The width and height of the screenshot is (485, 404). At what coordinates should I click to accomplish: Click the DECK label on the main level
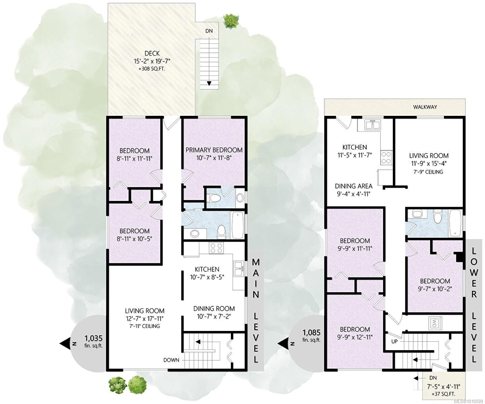click(x=152, y=54)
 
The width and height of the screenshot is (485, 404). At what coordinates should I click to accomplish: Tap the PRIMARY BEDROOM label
click(x=214, y=150)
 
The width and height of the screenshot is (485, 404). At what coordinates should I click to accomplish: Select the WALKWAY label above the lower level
click(x=425, y=107)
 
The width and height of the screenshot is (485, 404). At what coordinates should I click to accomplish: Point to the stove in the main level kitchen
click(x=216, y=248)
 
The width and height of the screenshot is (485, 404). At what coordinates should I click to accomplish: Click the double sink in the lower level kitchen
click(x=372, y=125)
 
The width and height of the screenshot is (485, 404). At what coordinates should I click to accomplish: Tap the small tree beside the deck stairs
click(x=231, y=21)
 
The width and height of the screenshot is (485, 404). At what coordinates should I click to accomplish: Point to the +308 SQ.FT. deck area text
click(x=152, y=69)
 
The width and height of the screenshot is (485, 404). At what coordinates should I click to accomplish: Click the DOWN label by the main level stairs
click(x=171, y=360)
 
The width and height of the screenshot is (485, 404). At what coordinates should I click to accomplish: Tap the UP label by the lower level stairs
click(x=394, y=341)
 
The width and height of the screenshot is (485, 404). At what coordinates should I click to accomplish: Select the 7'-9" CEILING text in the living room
click(x=428, y=172)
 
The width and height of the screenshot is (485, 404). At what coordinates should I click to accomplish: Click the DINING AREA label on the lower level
click(x=353, y=186)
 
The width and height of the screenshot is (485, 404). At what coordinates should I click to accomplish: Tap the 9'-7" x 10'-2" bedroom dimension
click(x=435, y=289)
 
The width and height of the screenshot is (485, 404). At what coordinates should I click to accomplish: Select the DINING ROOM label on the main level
click(x=214, y=308)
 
